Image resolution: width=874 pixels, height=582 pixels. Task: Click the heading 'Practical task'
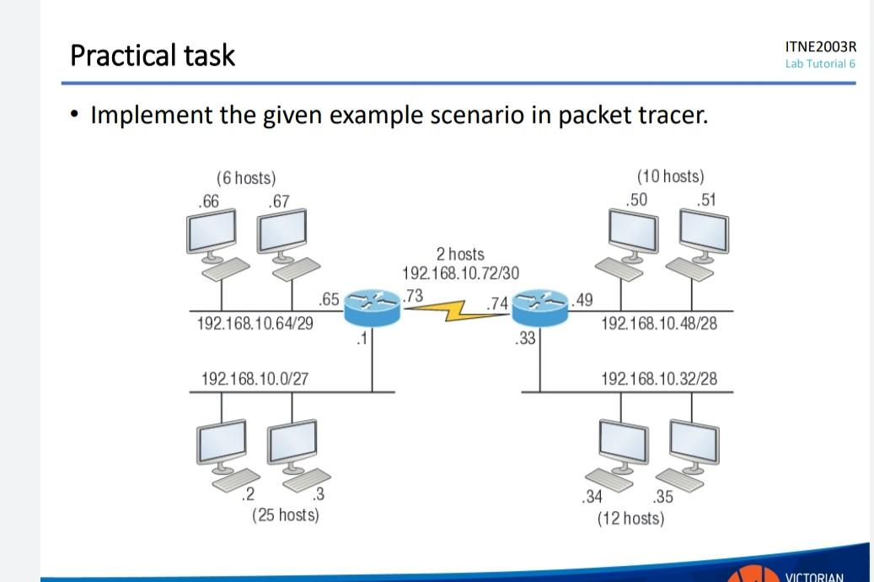click(x=153, y=55)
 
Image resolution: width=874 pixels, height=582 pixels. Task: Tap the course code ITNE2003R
click(x=819, y=47)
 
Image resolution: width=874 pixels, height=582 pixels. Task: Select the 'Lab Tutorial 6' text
click(x=819, y=64)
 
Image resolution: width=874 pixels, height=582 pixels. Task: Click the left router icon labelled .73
click(x=372, y=308)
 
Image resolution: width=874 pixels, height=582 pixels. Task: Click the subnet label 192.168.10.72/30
click(x=460, y=273)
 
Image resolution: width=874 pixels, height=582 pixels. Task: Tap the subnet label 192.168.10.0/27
click(x=255, y=379)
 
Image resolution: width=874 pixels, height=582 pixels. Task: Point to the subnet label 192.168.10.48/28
click(x=659, y=323)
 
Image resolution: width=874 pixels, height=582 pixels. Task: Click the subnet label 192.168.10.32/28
click(x=659, y=379)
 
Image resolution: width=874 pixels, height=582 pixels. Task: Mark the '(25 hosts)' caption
click(x=286, y=514)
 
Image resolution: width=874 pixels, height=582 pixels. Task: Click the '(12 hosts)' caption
click(x=630, y=517)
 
